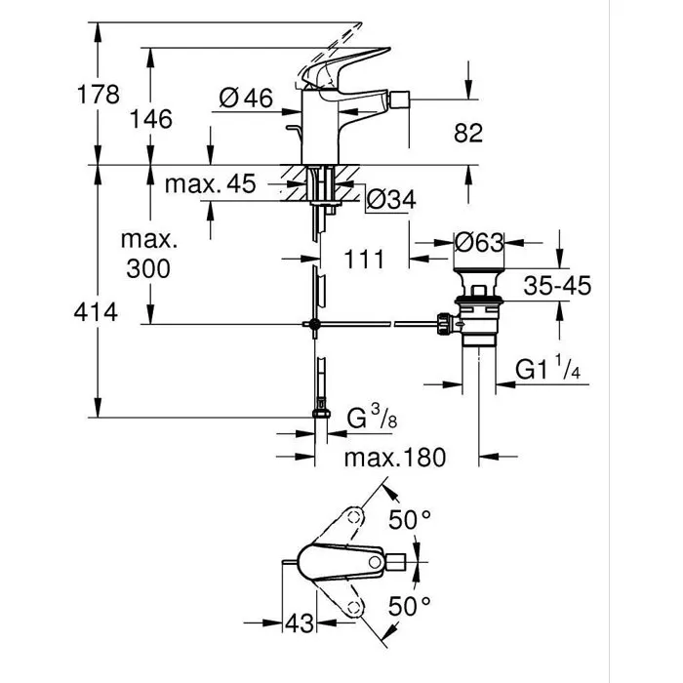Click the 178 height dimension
tap(98, 95)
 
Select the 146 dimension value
tap(151, 119)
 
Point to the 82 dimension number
tap(468, 133)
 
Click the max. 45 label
tap(210, 183)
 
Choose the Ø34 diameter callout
tap(390, 199)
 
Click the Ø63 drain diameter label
tap(479, 240)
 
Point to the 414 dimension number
tap(98, 312)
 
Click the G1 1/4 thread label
tap(548, 372)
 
